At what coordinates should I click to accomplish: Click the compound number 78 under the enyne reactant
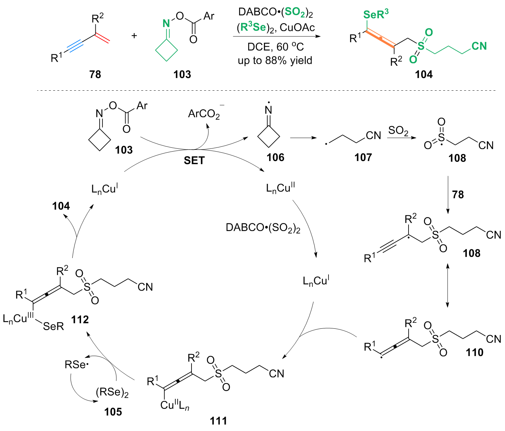click(95, 74)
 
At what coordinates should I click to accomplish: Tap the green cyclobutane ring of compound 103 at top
click(166, 50)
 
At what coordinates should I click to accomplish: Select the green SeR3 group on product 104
click(376, 15)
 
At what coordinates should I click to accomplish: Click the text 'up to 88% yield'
click(275, 61)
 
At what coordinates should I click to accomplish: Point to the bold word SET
click(194, 160)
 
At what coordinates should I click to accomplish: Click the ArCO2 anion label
click(204, 114)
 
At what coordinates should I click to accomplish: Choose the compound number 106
click(275, 158)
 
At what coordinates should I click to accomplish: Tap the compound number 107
click(363, 158)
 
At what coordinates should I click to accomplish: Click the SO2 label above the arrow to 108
click(398, 131)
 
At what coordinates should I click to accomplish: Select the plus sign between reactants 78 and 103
click(135, 36)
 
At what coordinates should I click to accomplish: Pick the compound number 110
click(474, 352)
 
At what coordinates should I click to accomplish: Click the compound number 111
click(218, 420)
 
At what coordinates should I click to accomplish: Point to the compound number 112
click(80, 319)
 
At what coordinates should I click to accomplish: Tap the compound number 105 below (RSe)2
click(113, 412)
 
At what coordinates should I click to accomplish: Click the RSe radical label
click(77, 365)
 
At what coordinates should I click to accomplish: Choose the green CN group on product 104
click(479, 46)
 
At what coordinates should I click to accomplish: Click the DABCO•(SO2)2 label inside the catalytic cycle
click(263, 228)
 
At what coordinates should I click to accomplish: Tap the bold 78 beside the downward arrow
click(458, 195)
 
